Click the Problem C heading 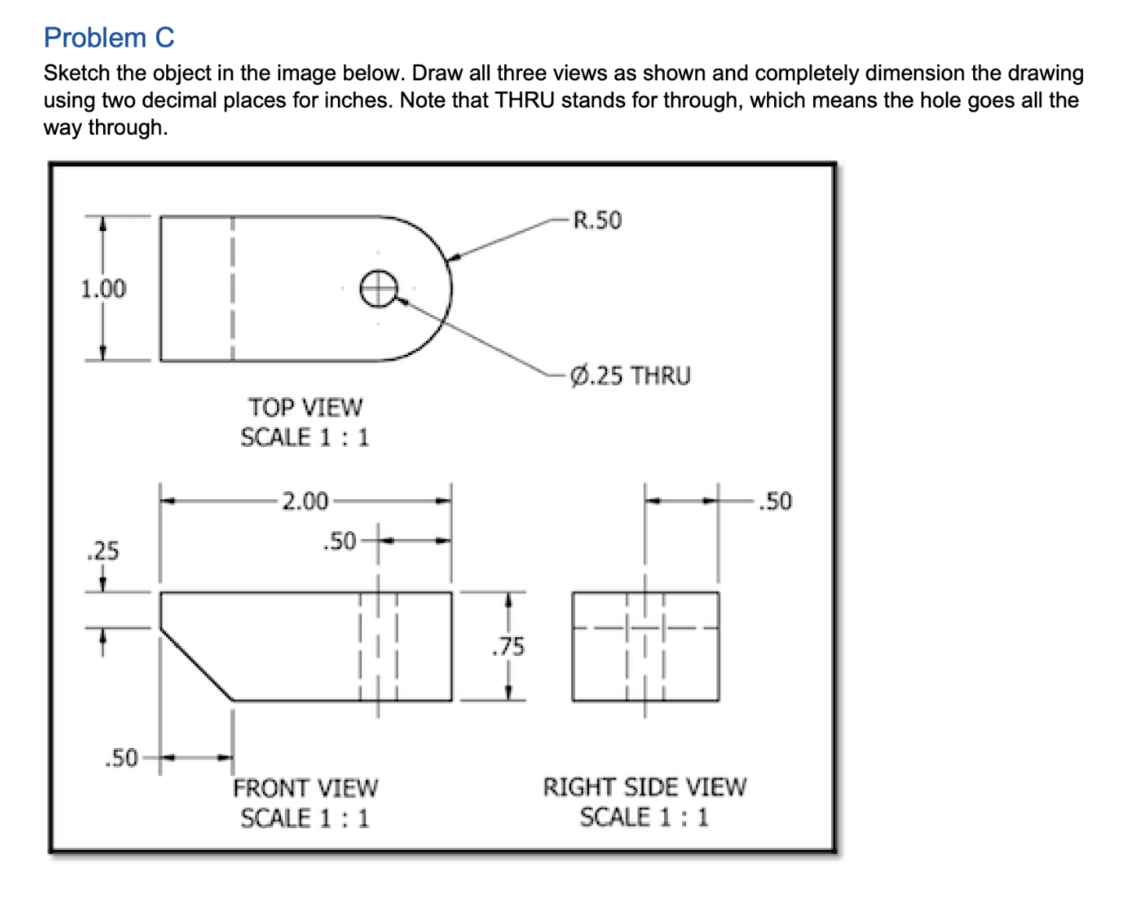pos(108,37)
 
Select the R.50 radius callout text pos(597,221)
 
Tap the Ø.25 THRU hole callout pos(631,376)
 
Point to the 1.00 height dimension pos(103,289)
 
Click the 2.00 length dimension pos(305,501)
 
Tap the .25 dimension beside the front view pos(103,551)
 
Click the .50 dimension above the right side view pos(776,501)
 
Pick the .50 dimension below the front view pos(122,758)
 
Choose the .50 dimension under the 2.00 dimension pos(339,541)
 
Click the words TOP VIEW pos(305,408)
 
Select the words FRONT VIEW pos(305,788)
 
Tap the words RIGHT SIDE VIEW pos(645,788)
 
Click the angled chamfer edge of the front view pos(197,664)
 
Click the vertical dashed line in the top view pos(232,289)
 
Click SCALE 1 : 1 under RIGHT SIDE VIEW pos(645,817)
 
